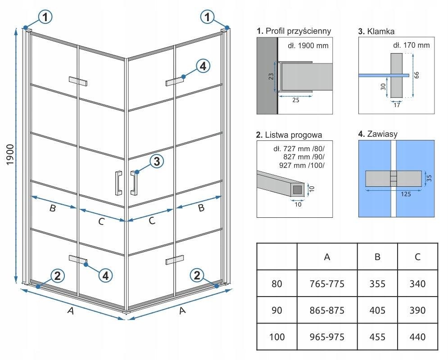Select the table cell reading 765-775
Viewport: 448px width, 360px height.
point(327,284)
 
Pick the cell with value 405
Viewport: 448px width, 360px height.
point(377,310)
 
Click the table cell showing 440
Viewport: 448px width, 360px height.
point(418,337)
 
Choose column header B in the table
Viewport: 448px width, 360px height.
point(377,256)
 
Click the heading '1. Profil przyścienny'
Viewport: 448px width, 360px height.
point(294,31)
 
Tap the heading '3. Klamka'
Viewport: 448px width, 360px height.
point(376,31)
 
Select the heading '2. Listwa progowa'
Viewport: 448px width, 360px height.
point(289,135)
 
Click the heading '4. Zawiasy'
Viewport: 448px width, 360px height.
point(378,134)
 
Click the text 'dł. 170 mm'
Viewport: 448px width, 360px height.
point(411,45)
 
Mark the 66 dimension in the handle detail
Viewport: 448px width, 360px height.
point(416,75)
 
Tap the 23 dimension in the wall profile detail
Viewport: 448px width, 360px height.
point(271,76)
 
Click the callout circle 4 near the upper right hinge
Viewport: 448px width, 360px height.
point(203,67)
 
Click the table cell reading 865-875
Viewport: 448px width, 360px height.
point(327,310)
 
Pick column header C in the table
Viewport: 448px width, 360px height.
point(418,256)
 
